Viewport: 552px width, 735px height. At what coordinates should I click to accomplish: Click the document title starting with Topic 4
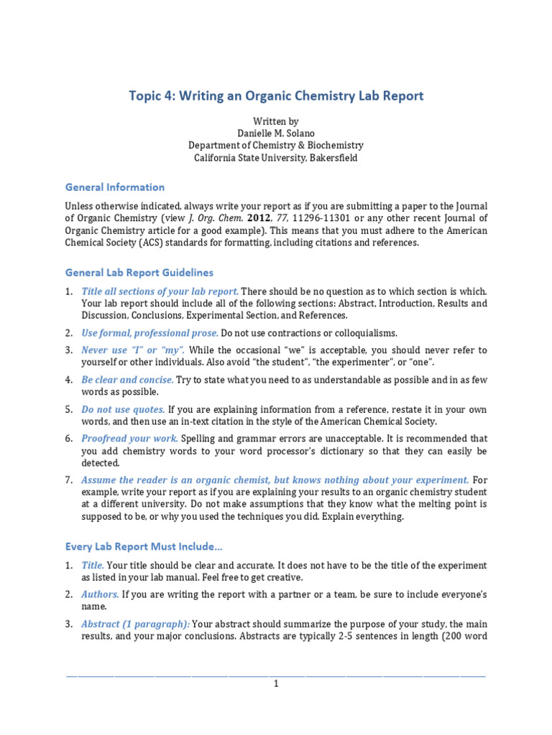click(x=276, y=95)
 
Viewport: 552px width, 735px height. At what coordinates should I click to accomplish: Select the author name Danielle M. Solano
click(x=275, y=134)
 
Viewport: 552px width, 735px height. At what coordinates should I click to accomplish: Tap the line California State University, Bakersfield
click(x=275, y=158)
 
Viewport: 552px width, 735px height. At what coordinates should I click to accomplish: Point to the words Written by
click(x=275, y=121)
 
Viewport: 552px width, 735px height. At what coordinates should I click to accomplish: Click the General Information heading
click(x=115, y=187)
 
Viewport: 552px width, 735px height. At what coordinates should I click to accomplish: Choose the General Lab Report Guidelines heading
click(x=139, y=273)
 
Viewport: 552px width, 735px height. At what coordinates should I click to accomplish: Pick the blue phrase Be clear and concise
click(x=127, y=380)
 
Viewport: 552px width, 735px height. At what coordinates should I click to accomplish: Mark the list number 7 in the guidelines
click(x=68, y=479)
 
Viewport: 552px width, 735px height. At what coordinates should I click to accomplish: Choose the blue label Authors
click(x=100, y=594)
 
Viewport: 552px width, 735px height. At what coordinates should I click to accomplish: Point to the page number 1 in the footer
click(x=275, y=684)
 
